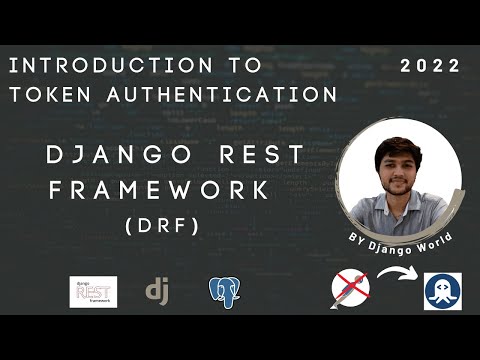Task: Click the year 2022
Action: click(430, 67)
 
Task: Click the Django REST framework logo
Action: click(93, 291)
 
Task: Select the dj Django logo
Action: click(156, 290)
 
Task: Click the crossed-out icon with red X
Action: click(349, 291)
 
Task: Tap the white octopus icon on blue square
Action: click(443, 291)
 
